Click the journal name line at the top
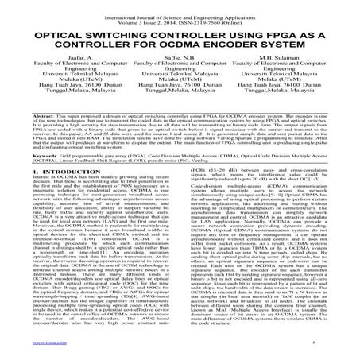pos(180,7)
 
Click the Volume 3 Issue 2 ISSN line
pos(180,14)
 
